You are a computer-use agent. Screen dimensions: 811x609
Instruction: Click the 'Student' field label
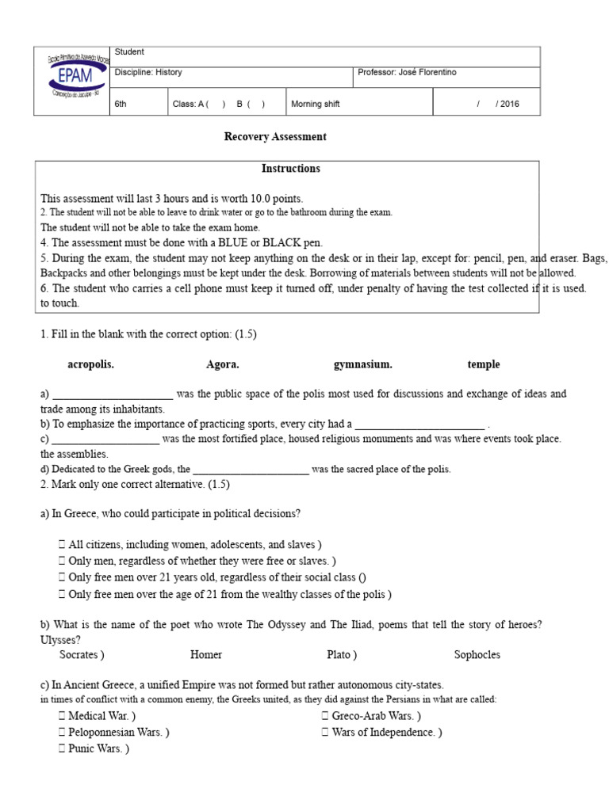(129, 52)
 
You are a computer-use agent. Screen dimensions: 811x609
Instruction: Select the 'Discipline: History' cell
(149, 73)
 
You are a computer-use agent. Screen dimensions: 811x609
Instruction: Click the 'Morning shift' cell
(316, 104)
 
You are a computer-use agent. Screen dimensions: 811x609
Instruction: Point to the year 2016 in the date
(510, 104)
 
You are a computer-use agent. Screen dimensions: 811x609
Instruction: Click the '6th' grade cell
(121, 104)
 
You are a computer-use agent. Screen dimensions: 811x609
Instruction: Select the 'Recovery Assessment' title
(275, 137)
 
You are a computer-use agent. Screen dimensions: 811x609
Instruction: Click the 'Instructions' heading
(291, 169)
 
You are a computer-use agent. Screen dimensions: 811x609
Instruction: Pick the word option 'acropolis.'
(91, 365)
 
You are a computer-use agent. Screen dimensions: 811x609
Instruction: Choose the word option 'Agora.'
(223, 365)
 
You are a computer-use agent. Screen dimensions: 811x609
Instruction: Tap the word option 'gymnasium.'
(363, 365)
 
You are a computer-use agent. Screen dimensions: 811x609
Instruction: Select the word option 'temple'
(484, 365)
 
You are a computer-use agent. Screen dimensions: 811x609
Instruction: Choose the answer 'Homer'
(206, 655)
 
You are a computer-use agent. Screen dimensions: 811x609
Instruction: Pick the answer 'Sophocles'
(477, 655)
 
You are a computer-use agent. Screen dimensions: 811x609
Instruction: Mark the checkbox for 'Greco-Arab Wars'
(325, 717)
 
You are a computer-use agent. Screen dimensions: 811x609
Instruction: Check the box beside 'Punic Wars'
(62, 748)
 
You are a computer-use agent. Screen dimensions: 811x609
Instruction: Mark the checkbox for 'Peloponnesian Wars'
(62, 733)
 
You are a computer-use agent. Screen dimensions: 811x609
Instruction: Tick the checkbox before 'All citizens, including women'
(62, 545)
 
